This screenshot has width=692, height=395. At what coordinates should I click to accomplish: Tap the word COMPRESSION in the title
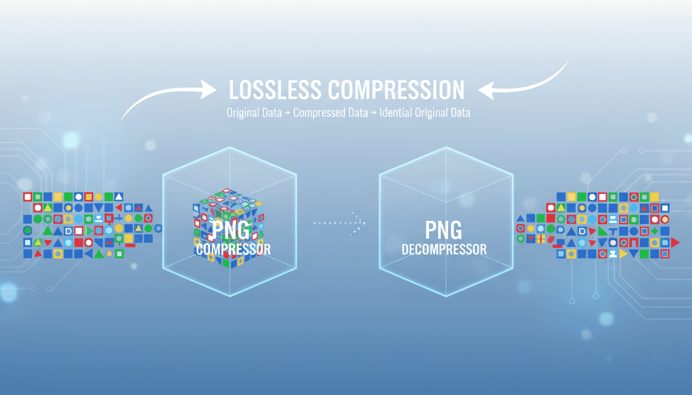396,90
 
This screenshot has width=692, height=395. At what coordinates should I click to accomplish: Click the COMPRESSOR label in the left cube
233,250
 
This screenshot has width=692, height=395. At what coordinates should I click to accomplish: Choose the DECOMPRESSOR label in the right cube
444,250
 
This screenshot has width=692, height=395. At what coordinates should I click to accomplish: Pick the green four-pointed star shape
654,231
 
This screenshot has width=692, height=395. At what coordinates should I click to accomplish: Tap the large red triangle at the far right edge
675,242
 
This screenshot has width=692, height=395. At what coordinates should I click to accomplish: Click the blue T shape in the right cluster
613,231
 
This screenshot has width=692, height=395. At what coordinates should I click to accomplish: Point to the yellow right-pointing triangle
623,254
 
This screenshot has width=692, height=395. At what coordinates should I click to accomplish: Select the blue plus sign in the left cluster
119,218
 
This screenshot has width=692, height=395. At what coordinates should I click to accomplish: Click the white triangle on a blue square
119,196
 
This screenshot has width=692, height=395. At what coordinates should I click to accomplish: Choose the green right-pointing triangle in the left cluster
89,230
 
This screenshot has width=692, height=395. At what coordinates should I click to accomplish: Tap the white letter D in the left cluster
68,231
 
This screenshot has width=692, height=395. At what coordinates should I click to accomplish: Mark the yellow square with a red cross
541,239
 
